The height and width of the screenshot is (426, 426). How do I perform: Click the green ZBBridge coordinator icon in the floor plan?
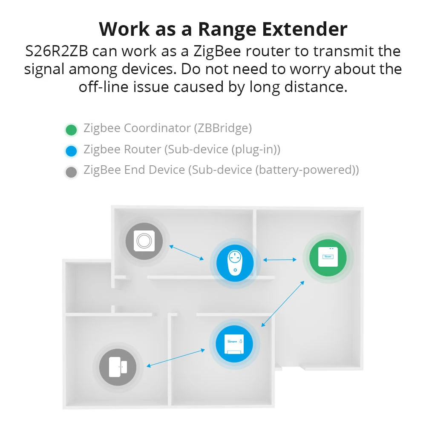pyautogui.click(x=328, y=256)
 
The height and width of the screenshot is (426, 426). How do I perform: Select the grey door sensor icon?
pyautogui.click(x=117, y=367)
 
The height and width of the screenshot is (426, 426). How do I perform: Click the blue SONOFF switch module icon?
pyautogui.click(x=232, y=343)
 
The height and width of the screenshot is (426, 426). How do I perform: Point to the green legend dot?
pyautogui.click(x=71, y=130)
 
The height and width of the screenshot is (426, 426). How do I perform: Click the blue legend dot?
pyautogui.click(x=71, y=151)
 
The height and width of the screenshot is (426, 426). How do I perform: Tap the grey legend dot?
pyautogui.click(x=71, y=172)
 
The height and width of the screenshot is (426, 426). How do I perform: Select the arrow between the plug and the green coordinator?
pyautogui.click(x=280, y=259)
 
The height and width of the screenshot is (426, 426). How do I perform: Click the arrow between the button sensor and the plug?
pyautogui.click(x=187, y=252)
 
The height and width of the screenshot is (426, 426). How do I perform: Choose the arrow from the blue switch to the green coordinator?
pyautogui.click(x=283, y=303)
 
